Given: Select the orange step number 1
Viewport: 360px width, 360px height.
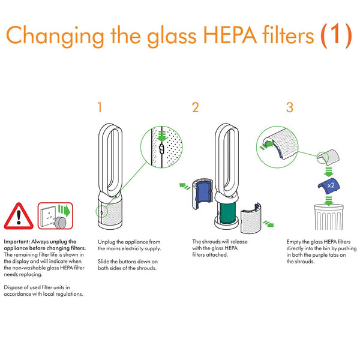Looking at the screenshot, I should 100,108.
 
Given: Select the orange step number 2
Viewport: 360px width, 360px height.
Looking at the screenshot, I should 195,108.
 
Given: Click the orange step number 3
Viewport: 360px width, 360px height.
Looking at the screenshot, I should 290,108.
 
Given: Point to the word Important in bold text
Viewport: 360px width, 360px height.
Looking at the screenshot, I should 17,241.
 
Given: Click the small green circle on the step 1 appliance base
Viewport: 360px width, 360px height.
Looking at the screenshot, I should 101,211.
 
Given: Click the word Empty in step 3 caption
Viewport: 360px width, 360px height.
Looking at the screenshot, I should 294,241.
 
